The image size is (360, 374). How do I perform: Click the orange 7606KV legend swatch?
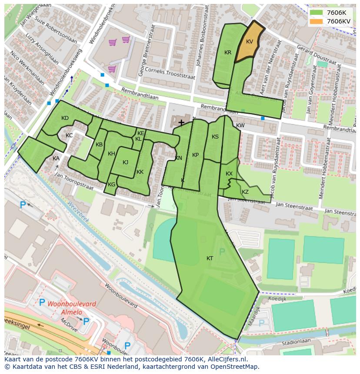(316, 21)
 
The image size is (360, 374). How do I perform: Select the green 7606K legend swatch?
(316, 13)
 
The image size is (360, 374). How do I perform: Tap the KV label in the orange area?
(250, 42)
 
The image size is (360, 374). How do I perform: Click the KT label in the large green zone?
(210, 258)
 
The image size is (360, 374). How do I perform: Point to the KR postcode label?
(228, 53)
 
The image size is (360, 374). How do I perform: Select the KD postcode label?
(65, 118)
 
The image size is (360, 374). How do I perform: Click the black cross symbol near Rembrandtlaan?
(181, 123)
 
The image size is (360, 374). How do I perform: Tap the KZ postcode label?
(245, 192)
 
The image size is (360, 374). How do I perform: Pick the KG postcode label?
(112, 185)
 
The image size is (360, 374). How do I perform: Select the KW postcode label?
(240, 126)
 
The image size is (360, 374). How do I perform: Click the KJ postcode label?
(125, 162)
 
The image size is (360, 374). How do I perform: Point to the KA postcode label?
(56, 159)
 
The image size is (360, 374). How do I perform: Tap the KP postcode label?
(195, 155)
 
